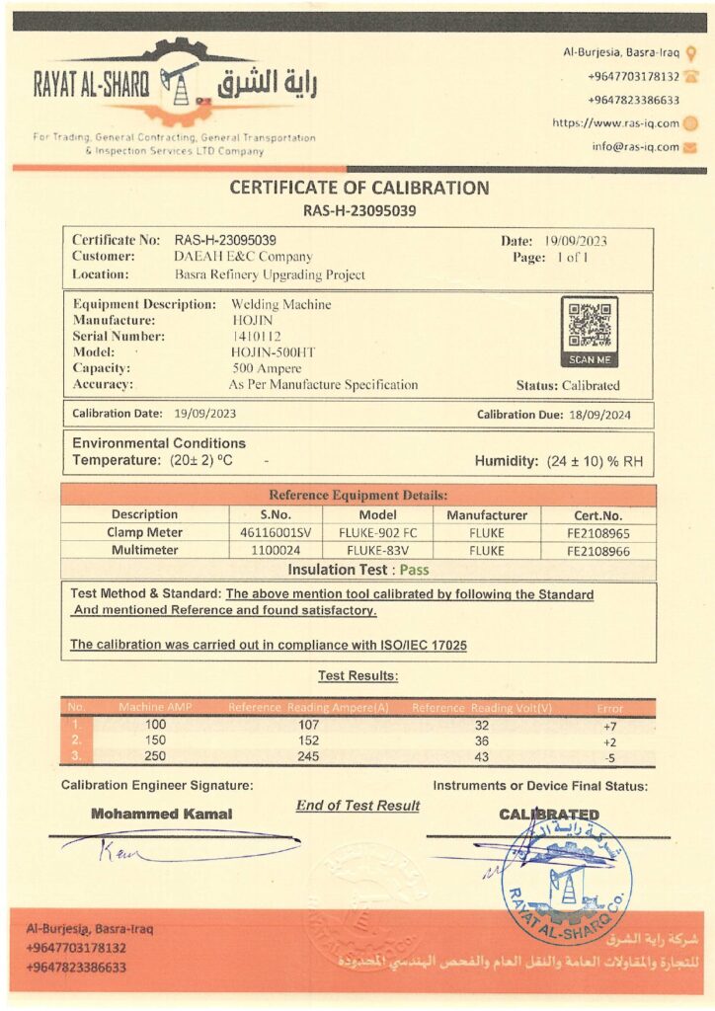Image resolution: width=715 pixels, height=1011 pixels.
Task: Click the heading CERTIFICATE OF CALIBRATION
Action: (359, 188)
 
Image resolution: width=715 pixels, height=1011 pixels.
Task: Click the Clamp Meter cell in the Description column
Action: (145, 532)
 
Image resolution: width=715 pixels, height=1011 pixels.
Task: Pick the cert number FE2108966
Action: (598, 550)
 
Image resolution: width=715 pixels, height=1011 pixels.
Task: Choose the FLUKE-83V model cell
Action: (377, 550)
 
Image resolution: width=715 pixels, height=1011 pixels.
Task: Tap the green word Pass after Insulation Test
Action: (414, 569)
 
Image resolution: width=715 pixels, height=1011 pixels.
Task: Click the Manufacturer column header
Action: (487, 514)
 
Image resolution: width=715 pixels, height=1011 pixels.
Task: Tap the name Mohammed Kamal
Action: (162, 814)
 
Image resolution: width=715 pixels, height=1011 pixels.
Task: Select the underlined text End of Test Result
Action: (357, 806)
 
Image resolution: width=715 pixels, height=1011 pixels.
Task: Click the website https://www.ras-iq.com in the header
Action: (615, 123)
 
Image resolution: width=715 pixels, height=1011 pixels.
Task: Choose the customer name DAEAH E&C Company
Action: (242, 257)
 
